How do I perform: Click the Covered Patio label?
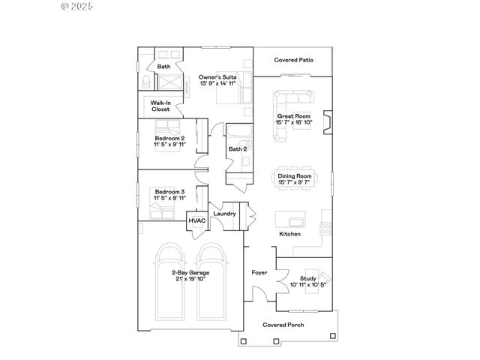[293, 59]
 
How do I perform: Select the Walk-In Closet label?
[160, 106]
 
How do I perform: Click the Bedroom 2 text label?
[169, 139]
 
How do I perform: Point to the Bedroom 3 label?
[169, 192]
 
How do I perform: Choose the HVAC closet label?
[197, 220]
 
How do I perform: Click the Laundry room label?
[225, 214]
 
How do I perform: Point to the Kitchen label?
[290, 234]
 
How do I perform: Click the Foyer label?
[259, 272]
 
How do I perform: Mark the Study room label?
[308, 278]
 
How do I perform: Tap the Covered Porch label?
[283, 325]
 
